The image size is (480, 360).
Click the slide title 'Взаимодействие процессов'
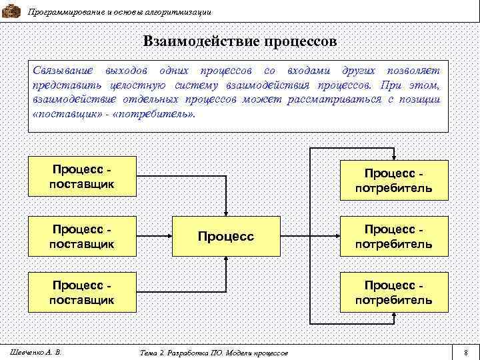(x=239, y=41)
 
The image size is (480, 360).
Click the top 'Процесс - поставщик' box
(x=82, y=177)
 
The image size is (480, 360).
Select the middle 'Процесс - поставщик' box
(x=82, y=236)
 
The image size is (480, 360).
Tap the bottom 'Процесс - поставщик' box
(x=82, y=292)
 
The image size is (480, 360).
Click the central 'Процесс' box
(x=226, y=236)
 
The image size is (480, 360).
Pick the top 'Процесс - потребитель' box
(x=393, y=181)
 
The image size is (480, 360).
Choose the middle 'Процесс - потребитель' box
(x=393, y=236)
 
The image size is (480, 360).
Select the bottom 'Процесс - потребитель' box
(x=393, y=292)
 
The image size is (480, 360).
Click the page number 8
(x=465, y=352)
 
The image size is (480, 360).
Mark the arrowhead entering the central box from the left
(x=169, y=236)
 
